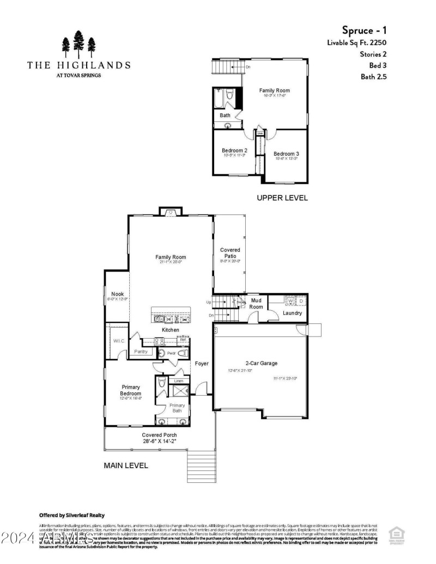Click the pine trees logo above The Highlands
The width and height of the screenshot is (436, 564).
[79, 45]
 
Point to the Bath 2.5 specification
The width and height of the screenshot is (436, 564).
[373, 77]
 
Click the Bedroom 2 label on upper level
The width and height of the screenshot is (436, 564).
[234, 150]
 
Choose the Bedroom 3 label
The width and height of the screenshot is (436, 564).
[286, 154]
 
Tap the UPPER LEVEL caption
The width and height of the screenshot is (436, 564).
[282, 198]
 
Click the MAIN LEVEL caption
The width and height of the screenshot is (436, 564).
[126, 465]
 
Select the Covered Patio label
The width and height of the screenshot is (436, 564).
[229, 253]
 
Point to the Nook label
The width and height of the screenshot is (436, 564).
[118, 294]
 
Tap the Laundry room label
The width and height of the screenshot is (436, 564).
[292, 313]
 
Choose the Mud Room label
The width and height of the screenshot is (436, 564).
[256, 303]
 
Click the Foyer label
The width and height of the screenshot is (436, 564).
[202, 363]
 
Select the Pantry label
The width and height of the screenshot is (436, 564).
[141, 352]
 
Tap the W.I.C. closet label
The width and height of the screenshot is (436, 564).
[119, 341]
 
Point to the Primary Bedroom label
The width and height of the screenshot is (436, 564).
[131, 390]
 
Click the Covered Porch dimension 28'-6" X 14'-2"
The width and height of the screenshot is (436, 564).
[159, 442]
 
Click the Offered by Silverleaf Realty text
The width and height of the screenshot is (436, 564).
[71, 514]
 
